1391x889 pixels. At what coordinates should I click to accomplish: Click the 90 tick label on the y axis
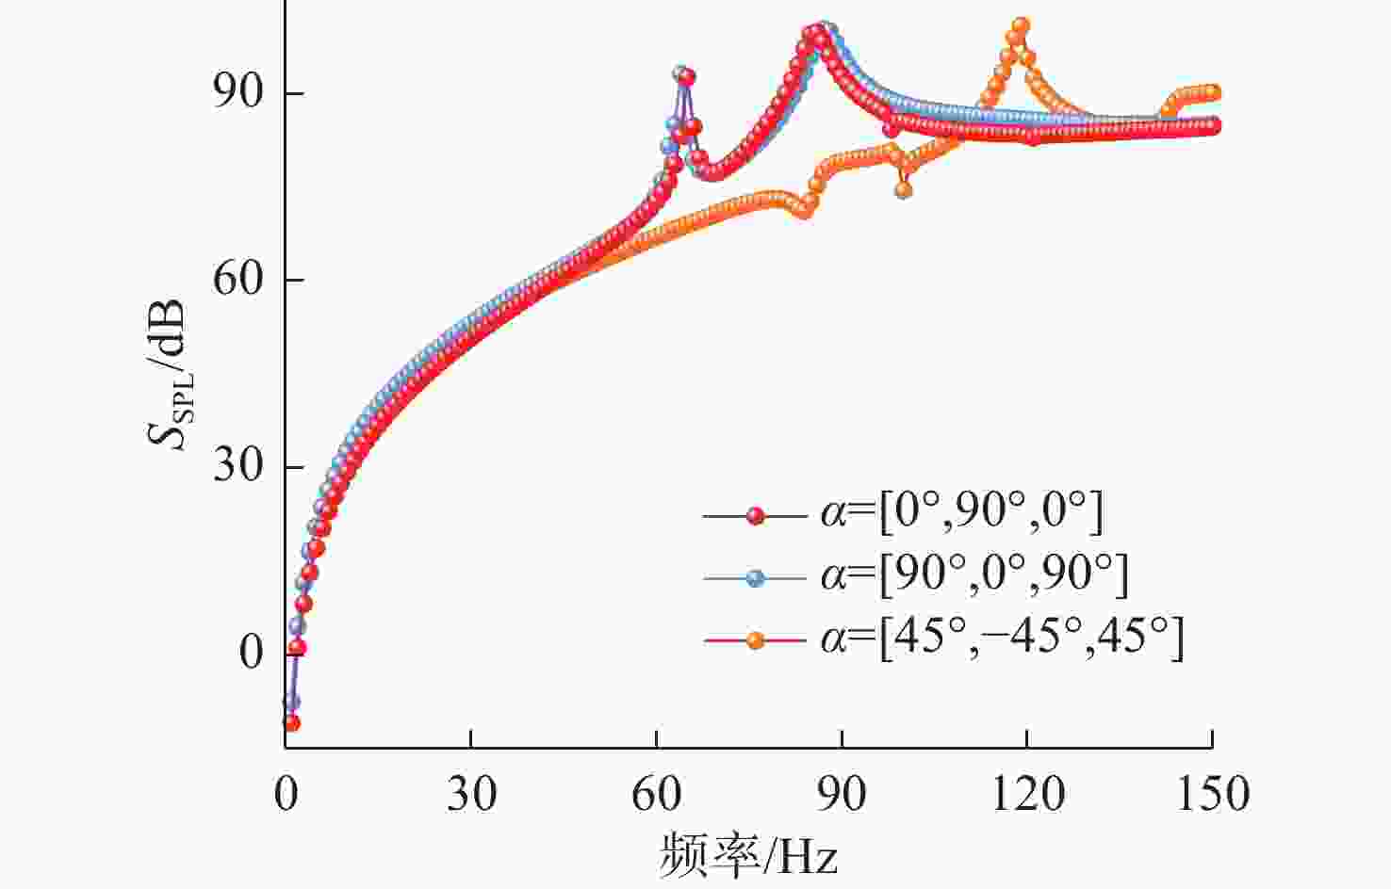tap(237, 93)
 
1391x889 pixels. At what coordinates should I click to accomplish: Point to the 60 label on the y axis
tap(237, 280)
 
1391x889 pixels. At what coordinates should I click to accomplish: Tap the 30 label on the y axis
tap(237, 466)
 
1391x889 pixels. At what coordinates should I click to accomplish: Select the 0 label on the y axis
tap(251, 653)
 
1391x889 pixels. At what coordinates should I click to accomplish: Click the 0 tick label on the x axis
tap(286, 794)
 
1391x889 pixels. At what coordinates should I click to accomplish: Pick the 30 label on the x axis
tap(471, 794)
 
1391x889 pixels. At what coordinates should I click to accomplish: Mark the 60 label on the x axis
tap(656, 794)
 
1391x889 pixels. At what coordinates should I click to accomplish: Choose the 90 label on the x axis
tap(842, 794)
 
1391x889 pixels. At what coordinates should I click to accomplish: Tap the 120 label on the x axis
tap(1027, 794)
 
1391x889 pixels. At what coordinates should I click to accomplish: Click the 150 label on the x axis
tap(1213, 794)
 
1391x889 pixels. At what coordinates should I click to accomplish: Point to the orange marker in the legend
tap(755, 641)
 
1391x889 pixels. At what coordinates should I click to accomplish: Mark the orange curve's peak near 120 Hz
tap(1021, 26)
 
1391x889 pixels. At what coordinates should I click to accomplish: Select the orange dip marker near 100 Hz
tap(903, 190)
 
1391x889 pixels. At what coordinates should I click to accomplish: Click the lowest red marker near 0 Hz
tap(291, 723)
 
